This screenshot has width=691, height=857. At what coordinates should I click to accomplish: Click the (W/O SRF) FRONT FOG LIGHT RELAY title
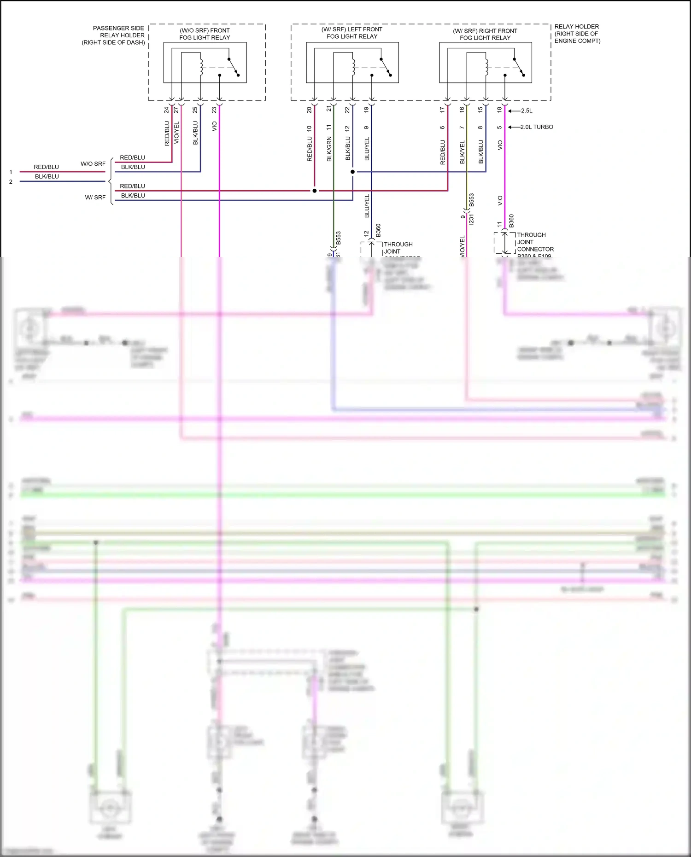click(x=205, y=34)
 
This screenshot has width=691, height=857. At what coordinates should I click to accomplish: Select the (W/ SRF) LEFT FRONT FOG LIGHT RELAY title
click(x=352, y=33)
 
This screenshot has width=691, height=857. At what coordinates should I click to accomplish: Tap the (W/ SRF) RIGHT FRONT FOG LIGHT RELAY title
click(x=485, y=35)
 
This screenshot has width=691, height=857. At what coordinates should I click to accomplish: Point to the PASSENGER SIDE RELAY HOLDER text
click(x=114, y=35)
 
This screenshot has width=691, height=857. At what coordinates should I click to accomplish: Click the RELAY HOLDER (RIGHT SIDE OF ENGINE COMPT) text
click(x=577, y=34)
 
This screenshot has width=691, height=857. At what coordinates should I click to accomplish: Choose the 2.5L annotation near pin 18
click(x=527, y=111)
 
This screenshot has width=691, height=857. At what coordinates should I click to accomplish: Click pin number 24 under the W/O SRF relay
click(x=167, y=111)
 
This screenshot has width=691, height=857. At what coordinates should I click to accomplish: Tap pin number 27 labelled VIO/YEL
click(x=176, y=111)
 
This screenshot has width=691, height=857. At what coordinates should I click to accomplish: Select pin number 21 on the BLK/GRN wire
click(x=329, y=109)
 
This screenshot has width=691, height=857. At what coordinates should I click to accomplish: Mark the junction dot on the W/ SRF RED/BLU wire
click(x=315, y=191)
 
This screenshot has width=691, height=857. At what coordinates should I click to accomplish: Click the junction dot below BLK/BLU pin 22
click(x=352, y=172)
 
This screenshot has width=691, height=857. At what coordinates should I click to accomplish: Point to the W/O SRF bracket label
click(x=93, y=164)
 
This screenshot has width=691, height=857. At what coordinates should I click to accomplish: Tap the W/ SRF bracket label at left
click(x=95, y=198)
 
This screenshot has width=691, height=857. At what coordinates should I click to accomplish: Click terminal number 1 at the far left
click(x=11, y=172)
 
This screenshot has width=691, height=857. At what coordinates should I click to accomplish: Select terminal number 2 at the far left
click(x=11, y=182)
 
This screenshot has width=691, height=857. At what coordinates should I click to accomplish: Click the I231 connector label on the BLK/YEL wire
click(x=471, y=219)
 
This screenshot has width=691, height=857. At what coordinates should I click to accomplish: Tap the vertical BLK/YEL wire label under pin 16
click(x=462, y=152)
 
